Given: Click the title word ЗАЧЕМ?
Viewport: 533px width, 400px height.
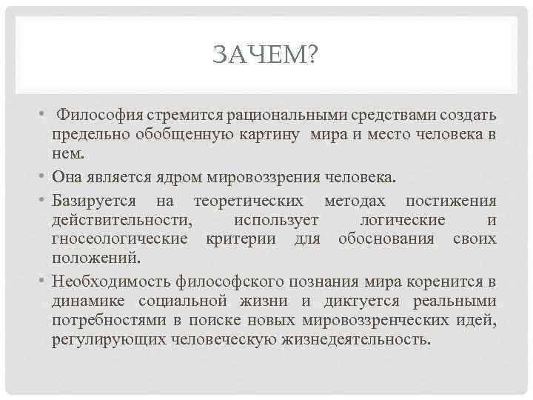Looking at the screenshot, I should click(264, 54).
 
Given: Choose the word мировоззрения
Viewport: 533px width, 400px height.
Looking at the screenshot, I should click(265, 179).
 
